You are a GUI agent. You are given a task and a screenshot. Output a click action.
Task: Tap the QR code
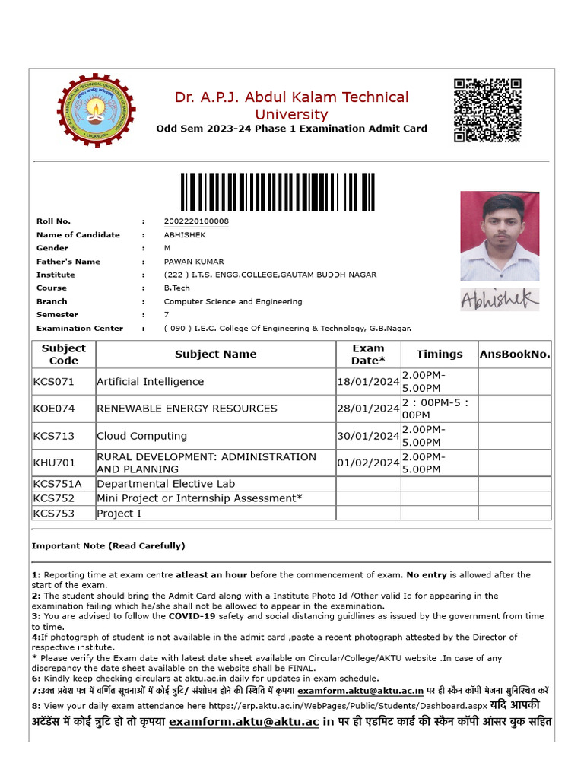point(487,110)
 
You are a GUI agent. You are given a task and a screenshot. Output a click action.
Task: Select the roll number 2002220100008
point(196,221)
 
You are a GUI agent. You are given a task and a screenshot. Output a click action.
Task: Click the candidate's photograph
point(500,236)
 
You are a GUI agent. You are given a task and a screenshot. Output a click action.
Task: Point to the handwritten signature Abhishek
point(499,300)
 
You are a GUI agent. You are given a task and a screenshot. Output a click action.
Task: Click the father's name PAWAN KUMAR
point(194,262)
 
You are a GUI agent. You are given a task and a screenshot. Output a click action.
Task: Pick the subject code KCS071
point(54,382)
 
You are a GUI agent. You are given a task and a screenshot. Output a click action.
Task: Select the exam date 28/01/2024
point(368,409)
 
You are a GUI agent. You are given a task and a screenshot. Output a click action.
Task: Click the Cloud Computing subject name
point(141,436)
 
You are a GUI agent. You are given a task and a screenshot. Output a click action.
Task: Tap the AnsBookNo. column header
point(515,354)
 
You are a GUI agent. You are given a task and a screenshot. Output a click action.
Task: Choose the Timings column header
point(440,354)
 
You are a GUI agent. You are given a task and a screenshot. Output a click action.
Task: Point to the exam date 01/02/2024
point(368,463)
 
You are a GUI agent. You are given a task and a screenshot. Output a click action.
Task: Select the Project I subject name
point(119,514)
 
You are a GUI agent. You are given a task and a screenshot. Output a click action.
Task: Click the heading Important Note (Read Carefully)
point(108,546)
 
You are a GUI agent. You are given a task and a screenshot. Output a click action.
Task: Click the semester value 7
point(167,315)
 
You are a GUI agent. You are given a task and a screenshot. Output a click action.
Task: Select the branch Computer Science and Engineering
point(233,301)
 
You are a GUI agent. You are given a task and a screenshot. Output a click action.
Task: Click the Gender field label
point(52,248)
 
